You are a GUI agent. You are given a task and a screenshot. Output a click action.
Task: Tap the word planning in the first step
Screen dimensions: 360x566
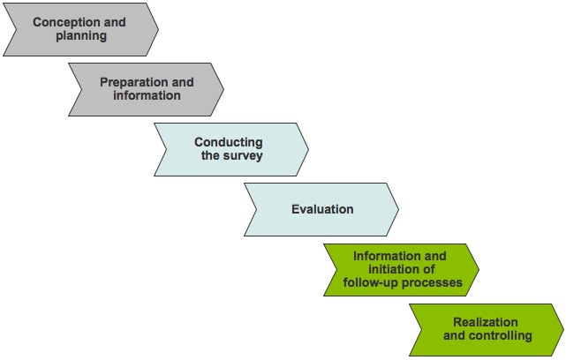[x=79, y=36]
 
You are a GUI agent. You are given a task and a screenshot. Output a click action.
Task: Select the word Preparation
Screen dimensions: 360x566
[x=134, y=82]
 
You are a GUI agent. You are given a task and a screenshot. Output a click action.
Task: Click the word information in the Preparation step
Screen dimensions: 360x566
[x=147, y=95]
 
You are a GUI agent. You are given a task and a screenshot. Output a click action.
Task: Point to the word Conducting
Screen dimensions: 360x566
[x=228, y=142]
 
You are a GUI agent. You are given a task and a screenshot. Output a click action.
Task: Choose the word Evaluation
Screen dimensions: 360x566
[x=322, y=209]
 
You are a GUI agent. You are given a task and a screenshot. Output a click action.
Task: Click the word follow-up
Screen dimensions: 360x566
[x=374, y=283]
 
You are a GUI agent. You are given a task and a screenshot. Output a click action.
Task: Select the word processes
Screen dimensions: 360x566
[x=434, y=283]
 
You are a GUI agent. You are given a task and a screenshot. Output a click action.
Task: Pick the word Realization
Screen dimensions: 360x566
[x=486, y=322]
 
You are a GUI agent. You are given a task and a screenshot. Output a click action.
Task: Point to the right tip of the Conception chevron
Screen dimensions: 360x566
[x=158, y=29]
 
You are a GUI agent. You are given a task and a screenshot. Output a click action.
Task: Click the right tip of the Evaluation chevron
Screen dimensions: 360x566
[x=398, y=209]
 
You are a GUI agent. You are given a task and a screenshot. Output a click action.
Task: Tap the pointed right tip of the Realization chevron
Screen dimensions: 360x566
[x=563, y=330]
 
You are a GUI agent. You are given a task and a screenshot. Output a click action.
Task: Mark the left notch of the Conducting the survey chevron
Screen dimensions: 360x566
[x=168, y=149]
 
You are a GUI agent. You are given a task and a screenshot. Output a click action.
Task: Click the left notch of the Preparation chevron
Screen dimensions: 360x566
[x=82, y=89]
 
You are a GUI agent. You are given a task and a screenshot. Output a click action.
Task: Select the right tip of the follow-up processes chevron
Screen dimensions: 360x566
[x=479, y=269]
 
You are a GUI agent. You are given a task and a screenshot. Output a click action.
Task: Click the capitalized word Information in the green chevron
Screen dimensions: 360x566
[x=387, y=256]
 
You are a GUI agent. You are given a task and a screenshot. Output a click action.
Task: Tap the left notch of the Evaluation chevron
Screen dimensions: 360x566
[x=258, y=209]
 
